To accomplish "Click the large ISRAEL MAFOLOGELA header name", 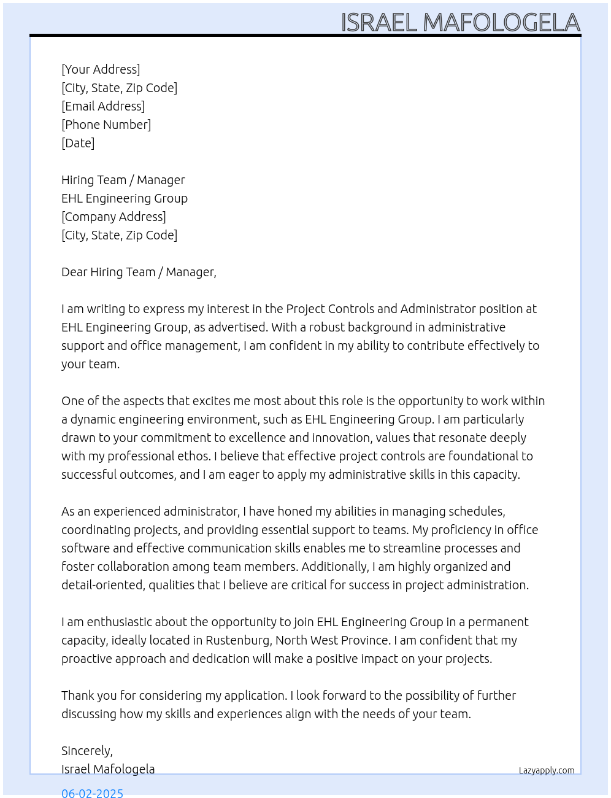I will tap(460, 22).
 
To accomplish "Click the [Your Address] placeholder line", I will tap(101, 69).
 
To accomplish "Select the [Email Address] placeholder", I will tap(103, 106).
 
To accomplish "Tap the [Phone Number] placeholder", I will tap(106, 125).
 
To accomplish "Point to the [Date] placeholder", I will tap(78, 143).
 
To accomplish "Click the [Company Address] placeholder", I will tap(113, 217).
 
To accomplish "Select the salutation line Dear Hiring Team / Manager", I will tap(139, 272).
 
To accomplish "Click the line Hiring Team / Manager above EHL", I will tap(123, 180).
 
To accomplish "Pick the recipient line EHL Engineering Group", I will tap(125, 198).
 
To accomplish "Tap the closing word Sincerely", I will tap(86, 751).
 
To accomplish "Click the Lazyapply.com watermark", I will tap(547, 770).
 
